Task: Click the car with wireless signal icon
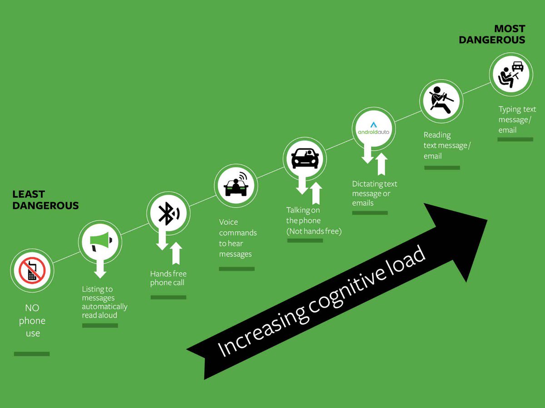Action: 236,185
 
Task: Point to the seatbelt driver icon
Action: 440,101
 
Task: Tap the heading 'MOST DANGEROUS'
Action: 492,34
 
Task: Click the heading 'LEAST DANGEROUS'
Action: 45,200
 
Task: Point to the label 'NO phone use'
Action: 32,320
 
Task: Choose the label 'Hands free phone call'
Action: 168,278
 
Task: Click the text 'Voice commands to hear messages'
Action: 238,238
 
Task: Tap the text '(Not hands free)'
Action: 314,231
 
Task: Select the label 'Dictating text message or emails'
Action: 374,193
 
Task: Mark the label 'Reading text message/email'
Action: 447,145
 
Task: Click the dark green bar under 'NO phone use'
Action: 32,354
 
